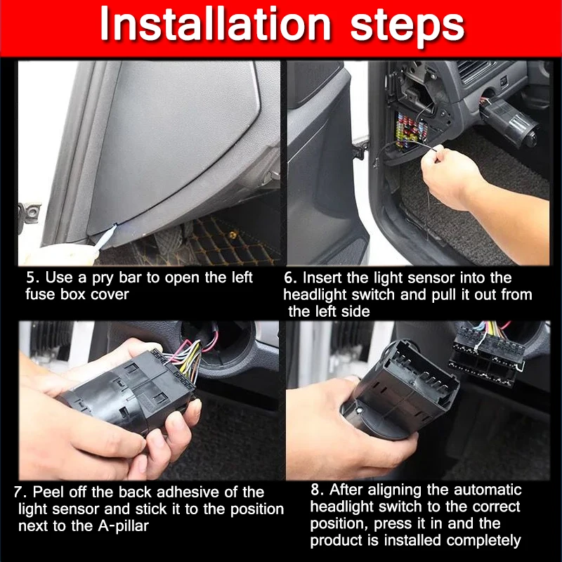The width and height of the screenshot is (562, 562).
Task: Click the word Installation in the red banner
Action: point(216,24)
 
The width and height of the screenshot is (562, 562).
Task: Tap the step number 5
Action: point(31,277)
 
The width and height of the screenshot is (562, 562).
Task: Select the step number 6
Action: point(290,278)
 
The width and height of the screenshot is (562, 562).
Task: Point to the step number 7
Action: point(19,492)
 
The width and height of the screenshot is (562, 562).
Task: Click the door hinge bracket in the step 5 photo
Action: point(30,214)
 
